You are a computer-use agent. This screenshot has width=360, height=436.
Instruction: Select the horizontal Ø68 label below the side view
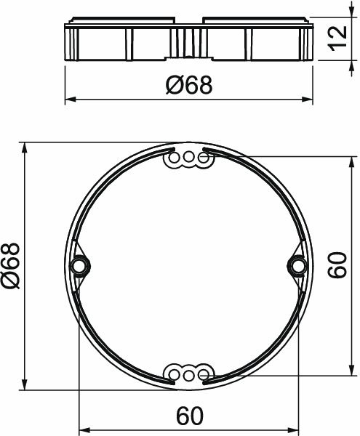pos(188,86)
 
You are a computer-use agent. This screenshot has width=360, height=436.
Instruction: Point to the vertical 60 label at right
pos(336,266)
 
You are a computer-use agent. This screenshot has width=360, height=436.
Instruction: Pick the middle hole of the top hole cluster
pos(188,157)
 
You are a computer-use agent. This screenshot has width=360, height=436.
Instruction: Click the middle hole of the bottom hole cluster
pos(188,374)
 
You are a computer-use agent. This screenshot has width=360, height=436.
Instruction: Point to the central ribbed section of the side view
pos(188,42)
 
